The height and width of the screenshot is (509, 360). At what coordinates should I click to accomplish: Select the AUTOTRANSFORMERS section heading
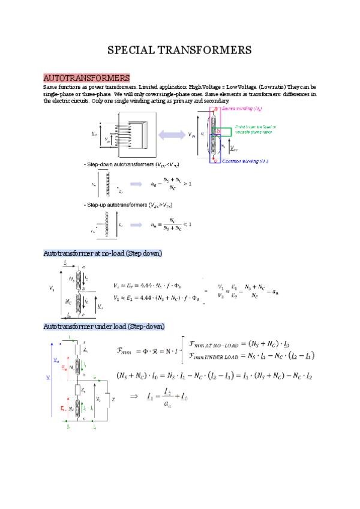(x=86, y=79)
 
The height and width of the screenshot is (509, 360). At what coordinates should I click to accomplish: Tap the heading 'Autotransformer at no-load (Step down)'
(x=103, y=253)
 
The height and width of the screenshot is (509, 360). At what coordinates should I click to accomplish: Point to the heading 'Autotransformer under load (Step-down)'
(x=104, y=326)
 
